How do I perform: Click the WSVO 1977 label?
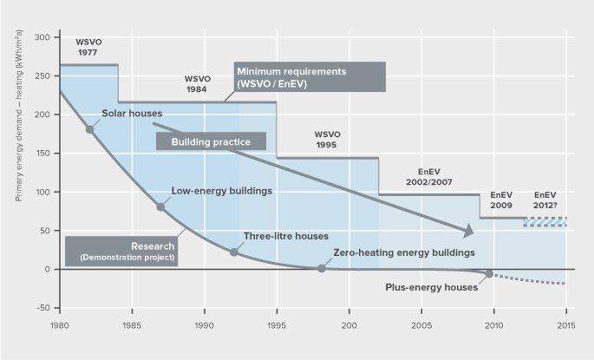[88, 46]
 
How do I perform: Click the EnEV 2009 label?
[501, 200]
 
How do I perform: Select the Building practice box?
[211, 141]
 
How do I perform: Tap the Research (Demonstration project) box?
[121, 250]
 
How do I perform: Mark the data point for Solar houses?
[89, 129]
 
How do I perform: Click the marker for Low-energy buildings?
[160, 206]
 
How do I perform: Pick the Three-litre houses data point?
[233, 252]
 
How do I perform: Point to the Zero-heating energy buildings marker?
[321, 268]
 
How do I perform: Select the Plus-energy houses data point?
[490, 273]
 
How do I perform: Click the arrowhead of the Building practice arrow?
[469, 232]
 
